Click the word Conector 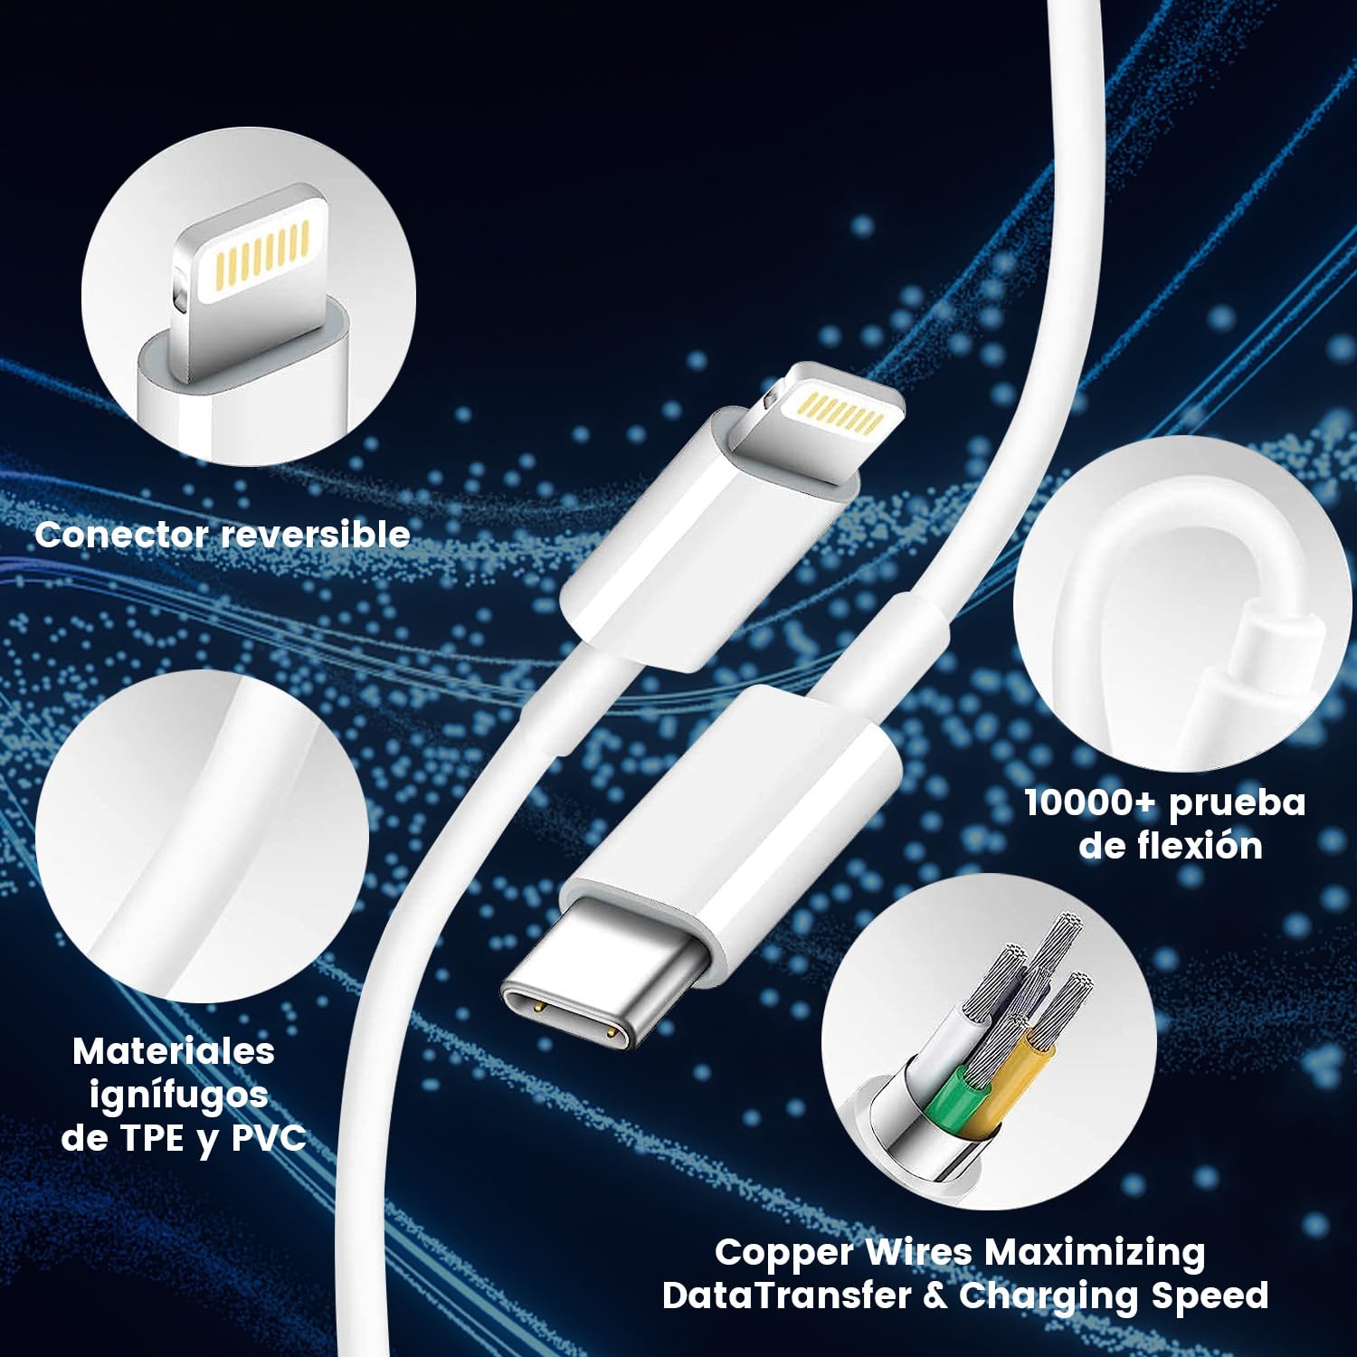[121, 535]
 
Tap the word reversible [316, 535]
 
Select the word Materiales [174, 1051]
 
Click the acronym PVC [270, 1138]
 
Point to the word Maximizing [1095, 1254]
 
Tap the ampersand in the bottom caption [935, 1295]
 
